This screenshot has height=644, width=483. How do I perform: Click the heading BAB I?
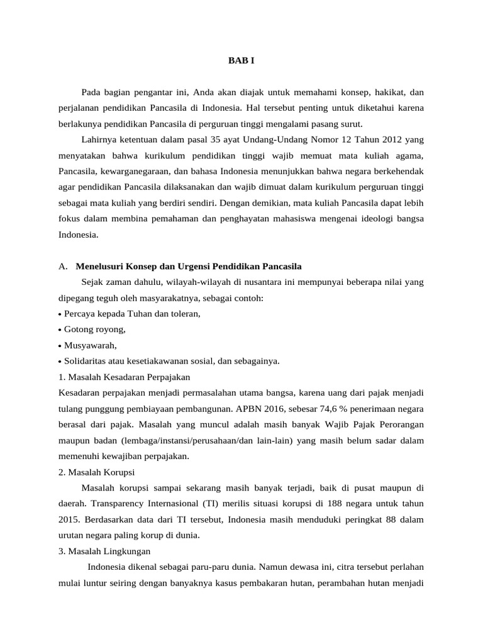click(241, 61)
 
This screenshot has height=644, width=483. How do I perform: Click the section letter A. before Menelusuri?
click(62, 266)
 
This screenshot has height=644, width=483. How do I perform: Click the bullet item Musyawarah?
click(91, 345)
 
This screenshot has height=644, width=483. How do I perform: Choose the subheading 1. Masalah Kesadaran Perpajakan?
click(123, 377)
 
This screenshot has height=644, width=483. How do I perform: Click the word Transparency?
click(120, 504)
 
